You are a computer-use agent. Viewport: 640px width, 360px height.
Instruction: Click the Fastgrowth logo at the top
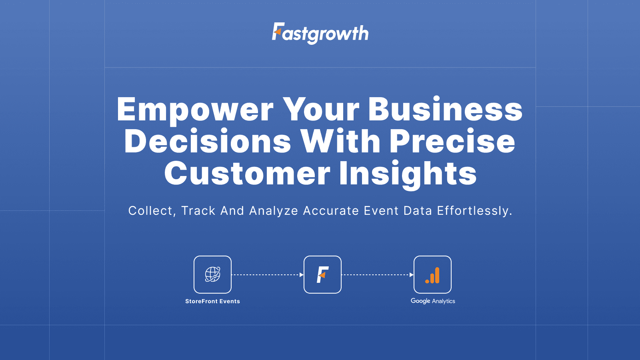320,33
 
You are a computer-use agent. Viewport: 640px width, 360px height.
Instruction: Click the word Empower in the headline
195,110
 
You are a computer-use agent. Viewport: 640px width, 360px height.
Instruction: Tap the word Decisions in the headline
208,142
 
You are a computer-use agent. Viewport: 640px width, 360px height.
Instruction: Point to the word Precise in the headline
452,142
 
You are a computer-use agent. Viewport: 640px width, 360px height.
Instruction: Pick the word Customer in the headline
247,174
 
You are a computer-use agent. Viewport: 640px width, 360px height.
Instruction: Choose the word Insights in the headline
408,174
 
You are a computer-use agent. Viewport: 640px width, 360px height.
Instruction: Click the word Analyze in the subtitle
274,211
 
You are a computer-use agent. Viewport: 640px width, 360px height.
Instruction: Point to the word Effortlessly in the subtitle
474,211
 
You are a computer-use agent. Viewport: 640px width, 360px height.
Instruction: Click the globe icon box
212,274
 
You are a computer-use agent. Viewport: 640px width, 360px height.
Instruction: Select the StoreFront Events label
212,301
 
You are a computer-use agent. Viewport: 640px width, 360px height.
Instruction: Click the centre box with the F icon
322,274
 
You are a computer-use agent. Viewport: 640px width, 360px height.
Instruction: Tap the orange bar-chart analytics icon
432,275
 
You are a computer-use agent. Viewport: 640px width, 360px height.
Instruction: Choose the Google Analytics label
433,301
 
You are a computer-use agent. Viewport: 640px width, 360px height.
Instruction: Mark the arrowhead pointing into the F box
301,275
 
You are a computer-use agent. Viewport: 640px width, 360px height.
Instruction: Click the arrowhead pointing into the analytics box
411,275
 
